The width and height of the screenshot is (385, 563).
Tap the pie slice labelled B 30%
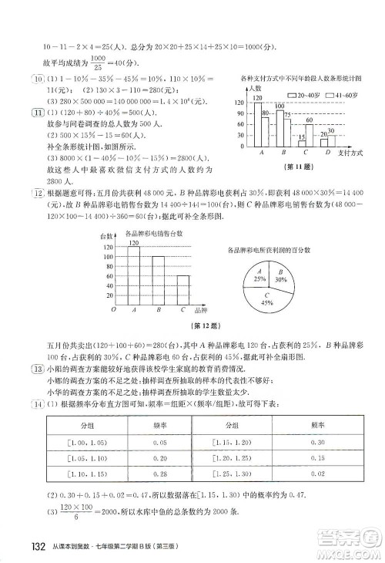click(x=281, y=277)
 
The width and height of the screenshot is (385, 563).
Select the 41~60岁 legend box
click(x=330, y=96)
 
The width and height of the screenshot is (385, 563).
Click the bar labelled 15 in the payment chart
click(x=301, y=143)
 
